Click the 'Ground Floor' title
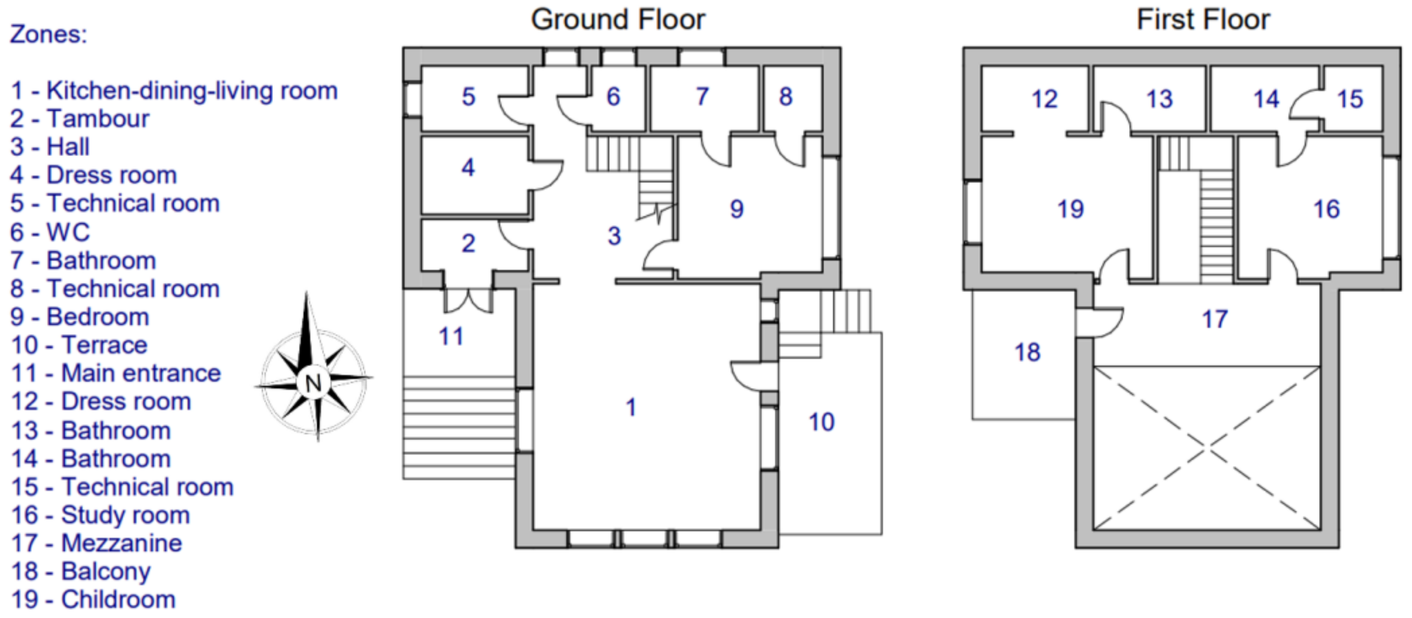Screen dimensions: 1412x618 click(x=618, y=20)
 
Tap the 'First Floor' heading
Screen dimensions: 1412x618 click(x=1203, y=20)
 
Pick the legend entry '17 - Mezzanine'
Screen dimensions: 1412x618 click(x=97, y=543)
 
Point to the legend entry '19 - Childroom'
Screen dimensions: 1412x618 click(x=93, y=599)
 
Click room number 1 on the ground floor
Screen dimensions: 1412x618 click(x=631, y=408)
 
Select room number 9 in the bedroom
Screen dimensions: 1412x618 click(x=737, y=209)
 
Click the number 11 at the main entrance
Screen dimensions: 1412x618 click(x=451, y=337)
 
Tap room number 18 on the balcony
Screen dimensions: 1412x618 click(x=1027, y=352)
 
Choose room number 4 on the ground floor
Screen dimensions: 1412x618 click(x=468, y=167)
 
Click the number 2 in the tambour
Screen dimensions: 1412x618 click(x=468, y=243)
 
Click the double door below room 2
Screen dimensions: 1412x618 click(x=469, y=301)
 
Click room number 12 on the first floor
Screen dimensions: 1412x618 click(x=1044, y=99)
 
